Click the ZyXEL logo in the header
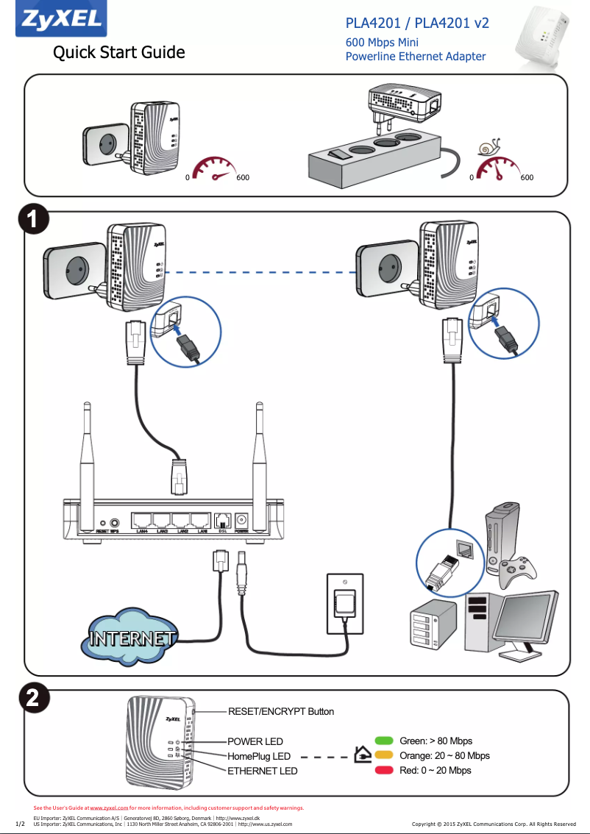click(60, 20)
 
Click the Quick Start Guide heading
click(118, 53)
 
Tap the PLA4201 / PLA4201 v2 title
click(417, 24)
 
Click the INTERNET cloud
click(132, 637)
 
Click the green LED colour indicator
click(384, 741)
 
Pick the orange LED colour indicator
click(384, 755)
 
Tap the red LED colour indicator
click(384, 770)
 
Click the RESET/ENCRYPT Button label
click(280, 711)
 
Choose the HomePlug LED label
click(258, 756)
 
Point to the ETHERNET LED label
click(262, 771)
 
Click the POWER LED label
click(255, 741)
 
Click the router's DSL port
click(222, 520)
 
